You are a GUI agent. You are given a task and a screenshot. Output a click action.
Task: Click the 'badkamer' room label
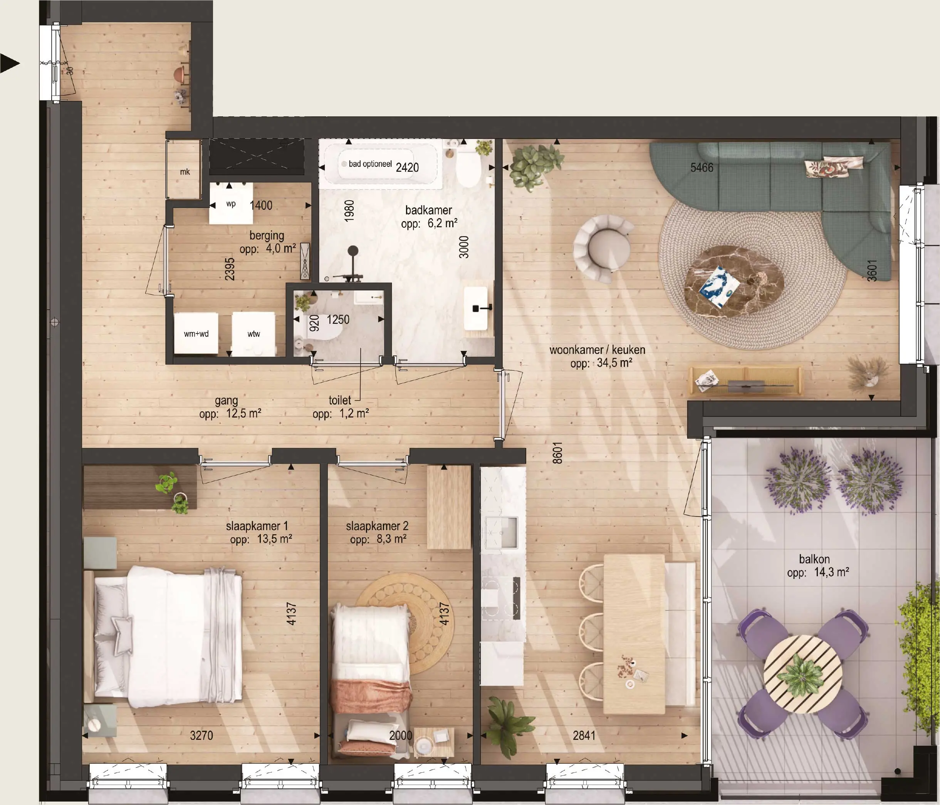pyautogui.click(x=428, y=210)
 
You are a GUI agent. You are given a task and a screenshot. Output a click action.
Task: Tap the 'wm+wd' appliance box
pyautogui.click(x=196, y=333)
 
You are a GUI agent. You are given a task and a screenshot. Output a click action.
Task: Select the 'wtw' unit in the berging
pyautogui.click(x=253, y=333)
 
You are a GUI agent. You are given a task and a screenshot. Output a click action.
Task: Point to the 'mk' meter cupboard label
pyautogui.click(x=185, y=172)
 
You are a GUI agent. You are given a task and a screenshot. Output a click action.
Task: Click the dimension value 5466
pyautogui.click(x=702, y=168)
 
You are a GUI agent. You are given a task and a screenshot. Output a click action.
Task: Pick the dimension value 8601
pyautogui.click(x=557, y=453)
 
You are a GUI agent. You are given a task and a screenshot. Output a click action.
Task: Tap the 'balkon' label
pyautogui.click(x=814, y=559)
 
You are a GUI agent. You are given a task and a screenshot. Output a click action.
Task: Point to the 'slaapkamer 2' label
pyautogui.click(x=377, y=526)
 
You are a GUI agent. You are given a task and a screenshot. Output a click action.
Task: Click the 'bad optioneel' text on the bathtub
pyautogui.click(x=370, y=164)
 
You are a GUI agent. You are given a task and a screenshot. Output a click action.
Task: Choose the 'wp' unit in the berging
pyautogui.click(x=231, y=204)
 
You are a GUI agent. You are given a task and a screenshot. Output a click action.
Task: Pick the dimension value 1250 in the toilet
pyautogui.click(x=338, y=320)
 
